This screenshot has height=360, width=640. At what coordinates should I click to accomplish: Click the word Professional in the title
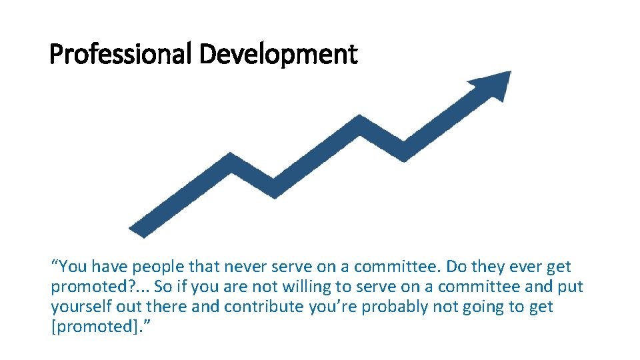click(x=121, y=53)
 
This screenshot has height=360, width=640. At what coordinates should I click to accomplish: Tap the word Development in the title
click(x=278, y=53)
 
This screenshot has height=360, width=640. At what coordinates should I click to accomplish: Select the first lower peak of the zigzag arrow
click(x=231, y=159)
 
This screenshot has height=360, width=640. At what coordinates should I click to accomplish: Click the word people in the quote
click(x=155, y=267)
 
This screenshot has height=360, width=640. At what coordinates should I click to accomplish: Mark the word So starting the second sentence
click(x=163, y=287)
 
